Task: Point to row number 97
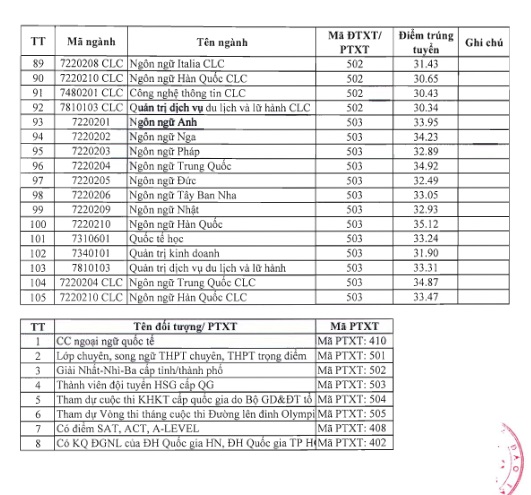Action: [x=40, y=181]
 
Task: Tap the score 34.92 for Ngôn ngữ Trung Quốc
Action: [x=426, y=166]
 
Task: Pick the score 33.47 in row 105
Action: [x=426, y=297]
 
